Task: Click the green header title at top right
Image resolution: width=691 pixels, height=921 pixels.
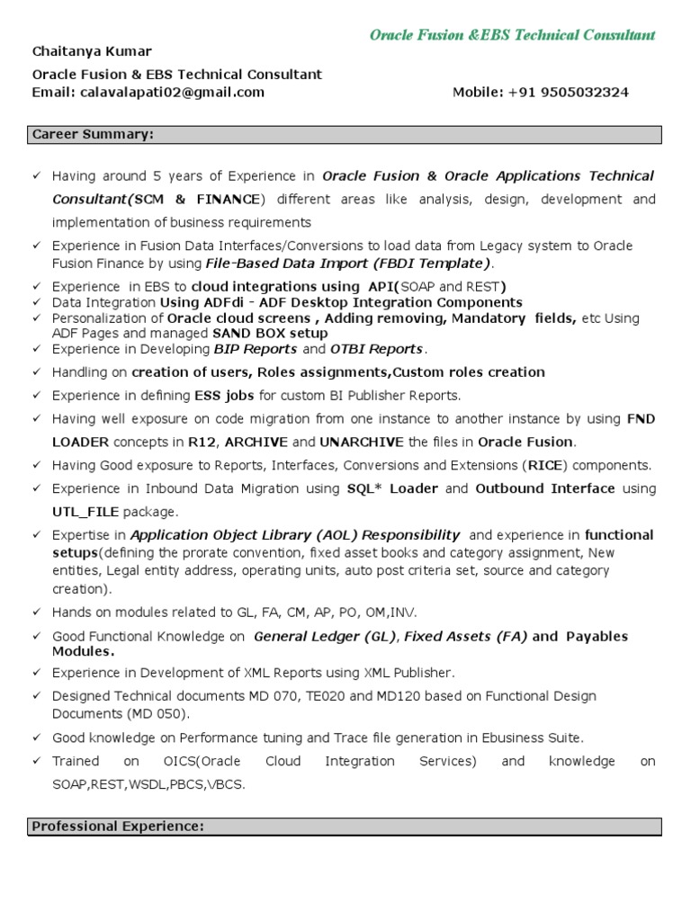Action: [513, 35]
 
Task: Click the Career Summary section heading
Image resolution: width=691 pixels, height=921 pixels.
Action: [93, 135]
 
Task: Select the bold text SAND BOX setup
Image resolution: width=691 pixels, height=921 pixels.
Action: [270, 333]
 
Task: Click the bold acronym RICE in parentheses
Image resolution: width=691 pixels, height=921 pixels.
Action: [544, 465]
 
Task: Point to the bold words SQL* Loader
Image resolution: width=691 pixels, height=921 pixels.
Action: [394, 488]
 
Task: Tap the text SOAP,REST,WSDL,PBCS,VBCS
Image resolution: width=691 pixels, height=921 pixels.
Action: [148, 784]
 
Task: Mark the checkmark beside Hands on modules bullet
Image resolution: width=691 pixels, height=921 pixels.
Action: [37, 613]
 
